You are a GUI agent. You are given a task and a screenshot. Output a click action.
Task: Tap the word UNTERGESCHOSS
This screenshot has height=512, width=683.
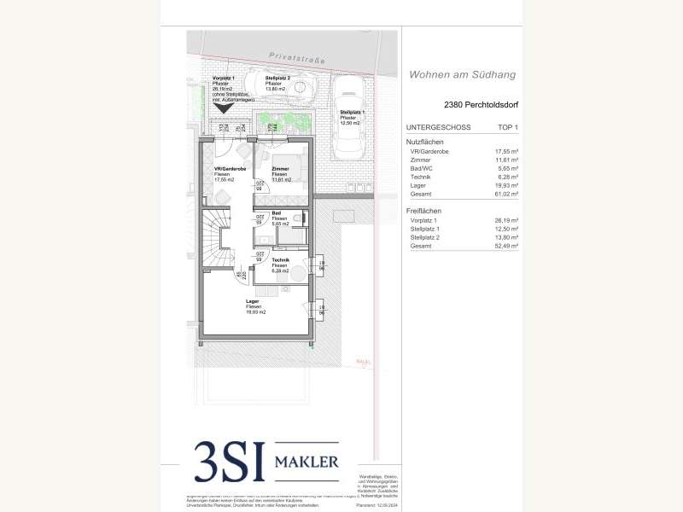coord(440,126)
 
